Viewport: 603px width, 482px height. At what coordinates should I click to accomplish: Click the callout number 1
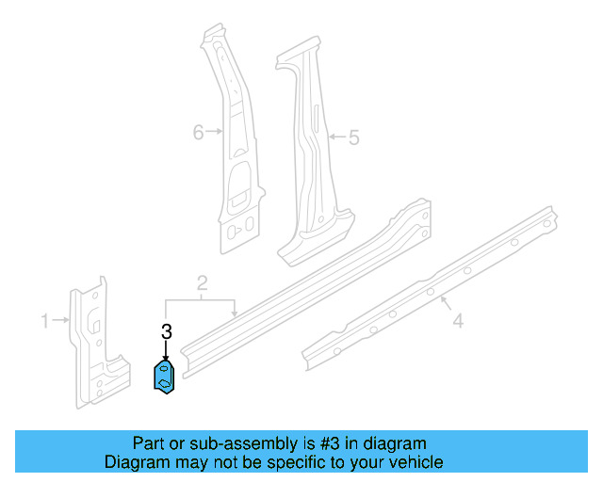[x=44, y=322]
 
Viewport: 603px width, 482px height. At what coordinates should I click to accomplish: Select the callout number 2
[x=202, y=283]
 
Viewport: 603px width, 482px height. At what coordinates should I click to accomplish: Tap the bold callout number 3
[x=167, y=331]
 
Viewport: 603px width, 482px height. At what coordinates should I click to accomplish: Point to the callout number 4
[x=457, y=322]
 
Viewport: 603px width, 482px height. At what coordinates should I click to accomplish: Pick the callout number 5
[x=353, y=138]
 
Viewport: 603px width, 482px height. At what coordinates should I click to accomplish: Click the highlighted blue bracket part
[x=167, y=377]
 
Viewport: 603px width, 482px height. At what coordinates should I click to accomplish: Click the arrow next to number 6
[x=216, y=133]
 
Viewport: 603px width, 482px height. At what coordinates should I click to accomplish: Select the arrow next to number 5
[x=336, y=138]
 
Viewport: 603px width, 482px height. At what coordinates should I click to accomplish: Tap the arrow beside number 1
[x=61, y=322]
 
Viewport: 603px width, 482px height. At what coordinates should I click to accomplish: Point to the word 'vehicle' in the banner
[x=416, y=462]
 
